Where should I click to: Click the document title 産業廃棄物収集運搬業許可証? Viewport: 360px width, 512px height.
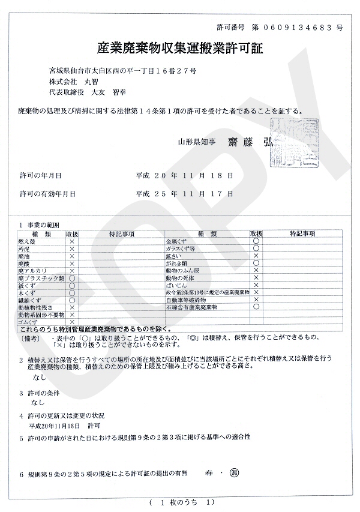180,49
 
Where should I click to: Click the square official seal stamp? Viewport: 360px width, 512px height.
294,142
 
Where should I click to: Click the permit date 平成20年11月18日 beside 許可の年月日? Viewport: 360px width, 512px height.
185,175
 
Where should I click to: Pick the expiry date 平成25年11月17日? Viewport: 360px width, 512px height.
185,194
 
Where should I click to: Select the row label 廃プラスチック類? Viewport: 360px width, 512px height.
41,279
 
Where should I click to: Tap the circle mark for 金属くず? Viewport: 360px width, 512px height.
256,241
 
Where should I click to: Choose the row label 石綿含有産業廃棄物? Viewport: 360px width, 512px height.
191,307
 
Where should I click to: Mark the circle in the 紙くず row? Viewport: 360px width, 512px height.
72,286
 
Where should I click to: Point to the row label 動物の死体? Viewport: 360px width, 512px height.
181,279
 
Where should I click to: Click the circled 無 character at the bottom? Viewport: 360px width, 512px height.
235,473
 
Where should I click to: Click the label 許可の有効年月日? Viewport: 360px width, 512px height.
47,194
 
